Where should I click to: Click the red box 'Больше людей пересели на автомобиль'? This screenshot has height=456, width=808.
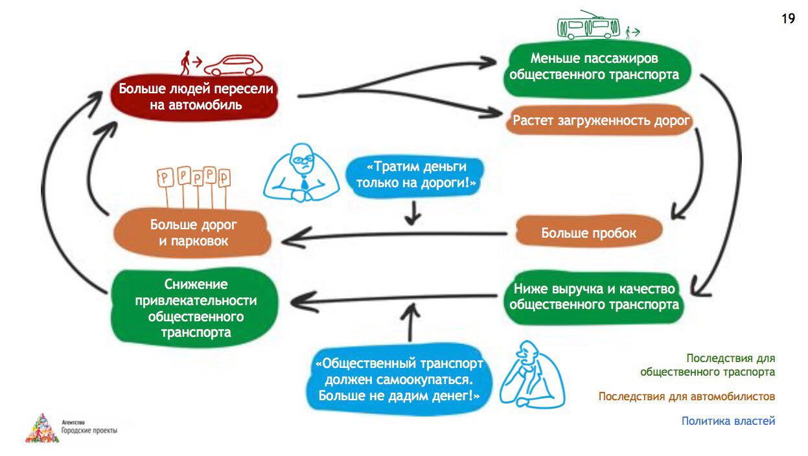195,97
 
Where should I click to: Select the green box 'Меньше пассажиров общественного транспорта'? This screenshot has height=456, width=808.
597,69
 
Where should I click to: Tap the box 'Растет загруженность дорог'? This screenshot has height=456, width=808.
600,120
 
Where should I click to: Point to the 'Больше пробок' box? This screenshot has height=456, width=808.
589,232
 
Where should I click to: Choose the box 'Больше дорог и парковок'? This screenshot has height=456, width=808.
192,233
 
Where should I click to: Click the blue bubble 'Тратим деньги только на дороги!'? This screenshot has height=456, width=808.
415,176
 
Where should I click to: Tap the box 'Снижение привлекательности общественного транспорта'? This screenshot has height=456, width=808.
195,308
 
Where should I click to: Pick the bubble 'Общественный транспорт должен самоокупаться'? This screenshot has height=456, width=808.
399,380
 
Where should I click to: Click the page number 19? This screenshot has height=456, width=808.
788,19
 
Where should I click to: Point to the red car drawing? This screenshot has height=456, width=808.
233,65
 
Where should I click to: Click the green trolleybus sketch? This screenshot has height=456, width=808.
588,25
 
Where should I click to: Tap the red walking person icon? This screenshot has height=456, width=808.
185,63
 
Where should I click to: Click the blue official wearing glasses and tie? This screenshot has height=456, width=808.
301,173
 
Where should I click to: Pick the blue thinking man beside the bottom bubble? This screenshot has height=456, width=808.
533,375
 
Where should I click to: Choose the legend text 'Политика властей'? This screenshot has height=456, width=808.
728,420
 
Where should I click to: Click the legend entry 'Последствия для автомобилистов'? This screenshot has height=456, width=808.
686,396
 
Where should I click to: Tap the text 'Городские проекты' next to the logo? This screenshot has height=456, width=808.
89,430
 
